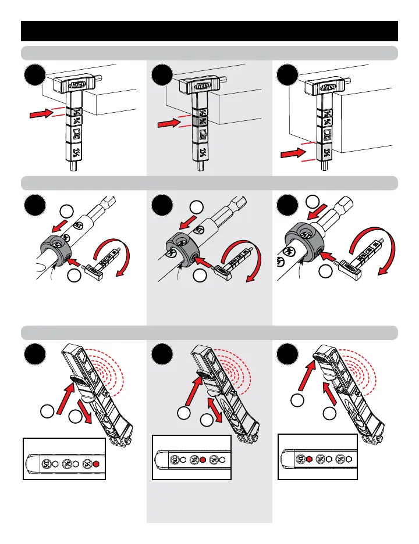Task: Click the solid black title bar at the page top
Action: [x=210, y=31]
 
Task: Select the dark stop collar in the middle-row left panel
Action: [x=54, y=250]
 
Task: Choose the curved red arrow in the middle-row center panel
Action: [x=251, y=256]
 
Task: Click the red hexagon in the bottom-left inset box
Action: [x=97, y=464]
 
